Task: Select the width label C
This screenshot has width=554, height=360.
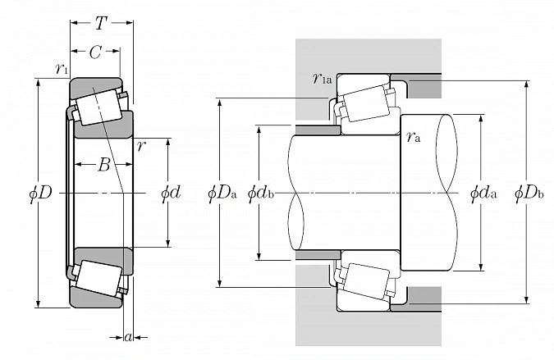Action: [95, 54]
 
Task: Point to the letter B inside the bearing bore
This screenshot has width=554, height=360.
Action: [104, 166]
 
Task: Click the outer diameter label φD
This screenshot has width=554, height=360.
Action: [40, 194]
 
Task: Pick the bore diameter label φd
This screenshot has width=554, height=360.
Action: [170, 194]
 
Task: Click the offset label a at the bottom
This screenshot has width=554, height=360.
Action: [128, 336]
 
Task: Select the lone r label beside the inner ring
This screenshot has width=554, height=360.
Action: [142, 146]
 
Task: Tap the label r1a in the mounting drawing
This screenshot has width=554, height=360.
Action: [321, 79]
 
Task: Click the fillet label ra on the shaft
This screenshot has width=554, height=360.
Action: [413, 138]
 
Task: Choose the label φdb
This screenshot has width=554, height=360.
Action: [260, 194]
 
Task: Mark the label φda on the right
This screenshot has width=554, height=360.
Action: [483, 194]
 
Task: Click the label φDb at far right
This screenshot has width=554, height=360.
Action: [529, 194]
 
